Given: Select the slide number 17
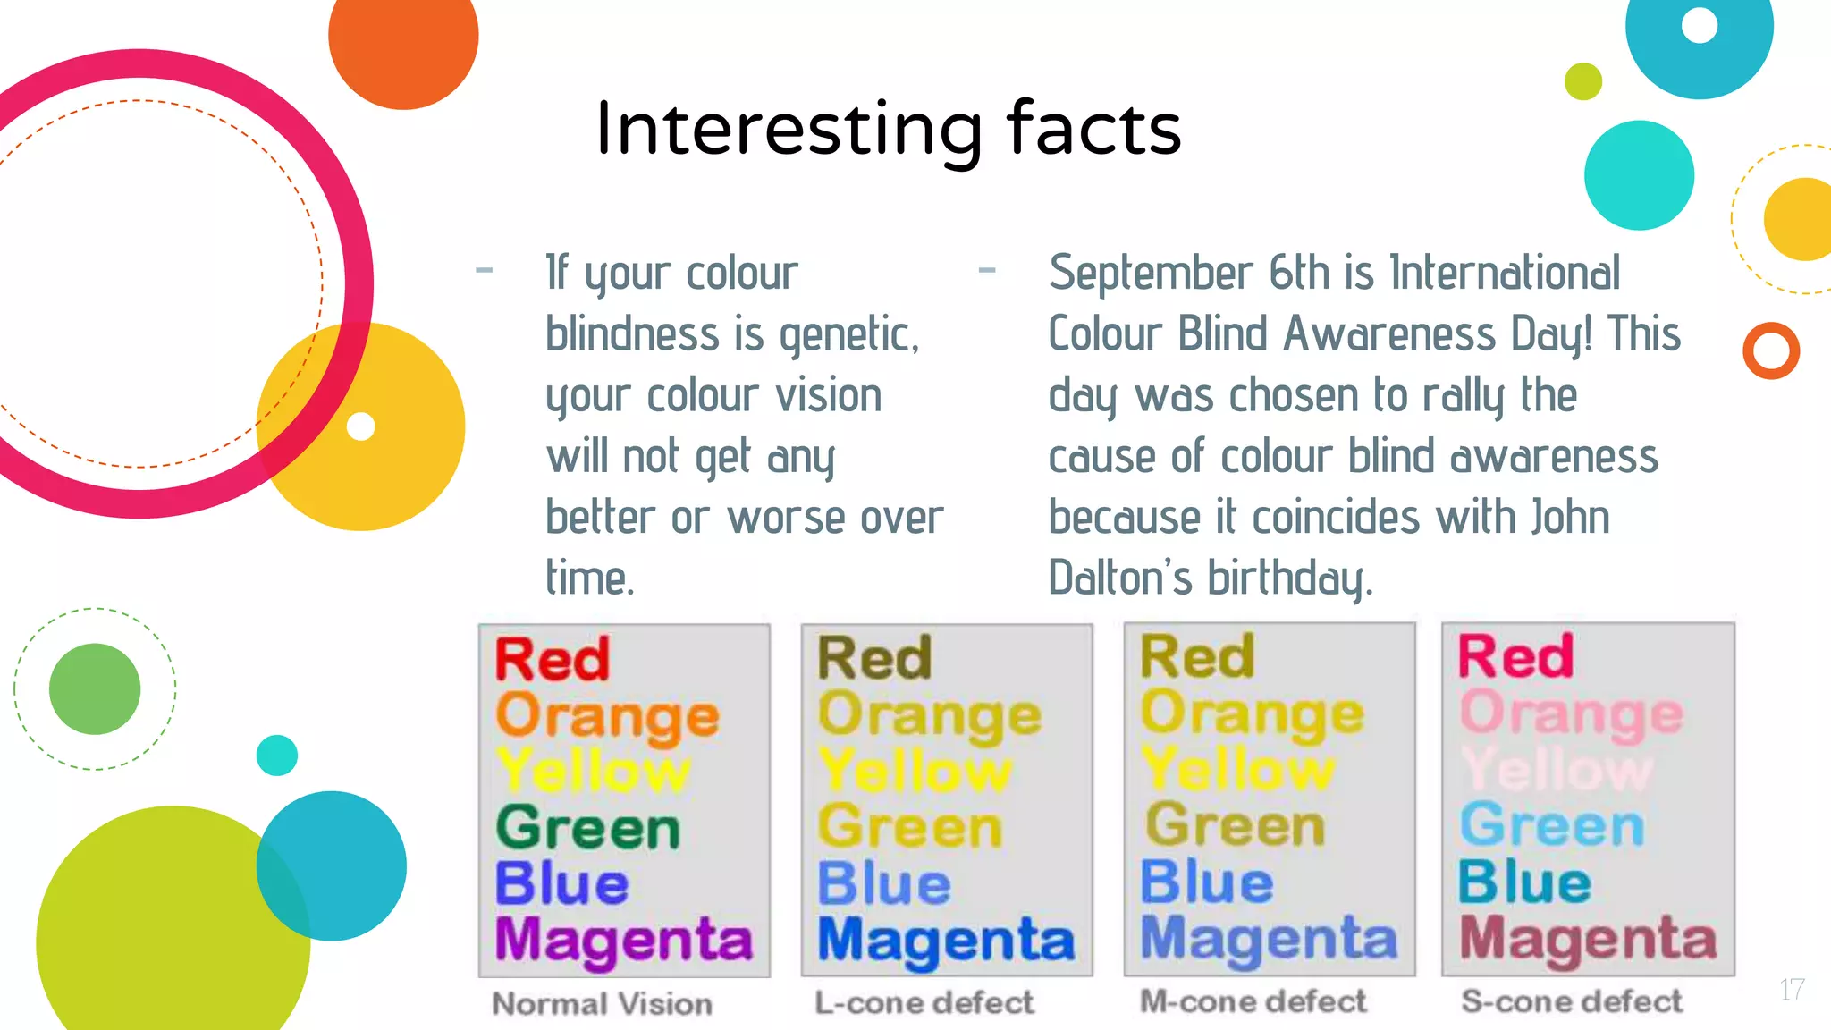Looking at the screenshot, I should click(x=1791, y=990).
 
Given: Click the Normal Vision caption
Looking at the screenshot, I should click(x=602, y=1004).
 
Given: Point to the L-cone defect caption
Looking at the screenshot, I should click(x=924, y=1002).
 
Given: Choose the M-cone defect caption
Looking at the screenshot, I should click(x=1253, y=1001).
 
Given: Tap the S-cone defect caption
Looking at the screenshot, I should click(x=1571, y=1001).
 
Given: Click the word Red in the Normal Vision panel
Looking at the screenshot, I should click(x=552, y=660).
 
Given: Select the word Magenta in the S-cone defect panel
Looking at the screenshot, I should click(x=1588, y=940).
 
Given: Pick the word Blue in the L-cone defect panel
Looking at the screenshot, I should click(x=883, y=883).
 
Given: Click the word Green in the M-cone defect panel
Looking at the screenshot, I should click(x=1235, y=825).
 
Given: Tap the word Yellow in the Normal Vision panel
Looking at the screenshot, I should click(x=593, y=771).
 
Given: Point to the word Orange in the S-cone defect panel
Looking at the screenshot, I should click(x=1571, y=715).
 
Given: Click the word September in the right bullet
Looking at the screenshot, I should click(x=1151, y=273).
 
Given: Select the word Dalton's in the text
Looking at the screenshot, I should click(x=1120, y=578).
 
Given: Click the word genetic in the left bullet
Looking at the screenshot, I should click(x=848, y=335).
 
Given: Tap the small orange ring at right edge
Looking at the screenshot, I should click(x=1770, y=350).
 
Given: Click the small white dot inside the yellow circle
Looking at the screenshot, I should click(x=360, y=426).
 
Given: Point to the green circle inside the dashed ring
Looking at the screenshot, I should click(x=95, y=688).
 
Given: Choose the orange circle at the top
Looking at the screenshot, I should click(x=403, y=40).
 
